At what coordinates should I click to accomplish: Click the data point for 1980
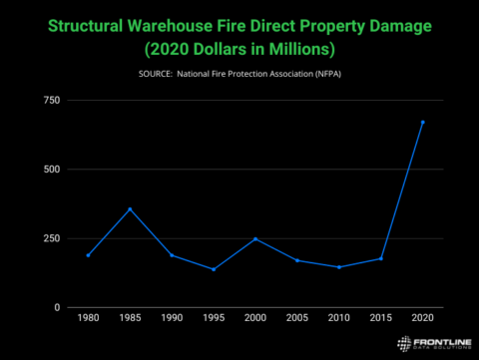88,255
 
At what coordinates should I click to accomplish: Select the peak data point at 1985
130,208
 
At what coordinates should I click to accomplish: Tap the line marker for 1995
214,269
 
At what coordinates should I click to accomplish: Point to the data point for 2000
255,238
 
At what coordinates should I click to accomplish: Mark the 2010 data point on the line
339,267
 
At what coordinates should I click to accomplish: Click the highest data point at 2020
422,122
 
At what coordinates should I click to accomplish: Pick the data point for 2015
381,258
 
